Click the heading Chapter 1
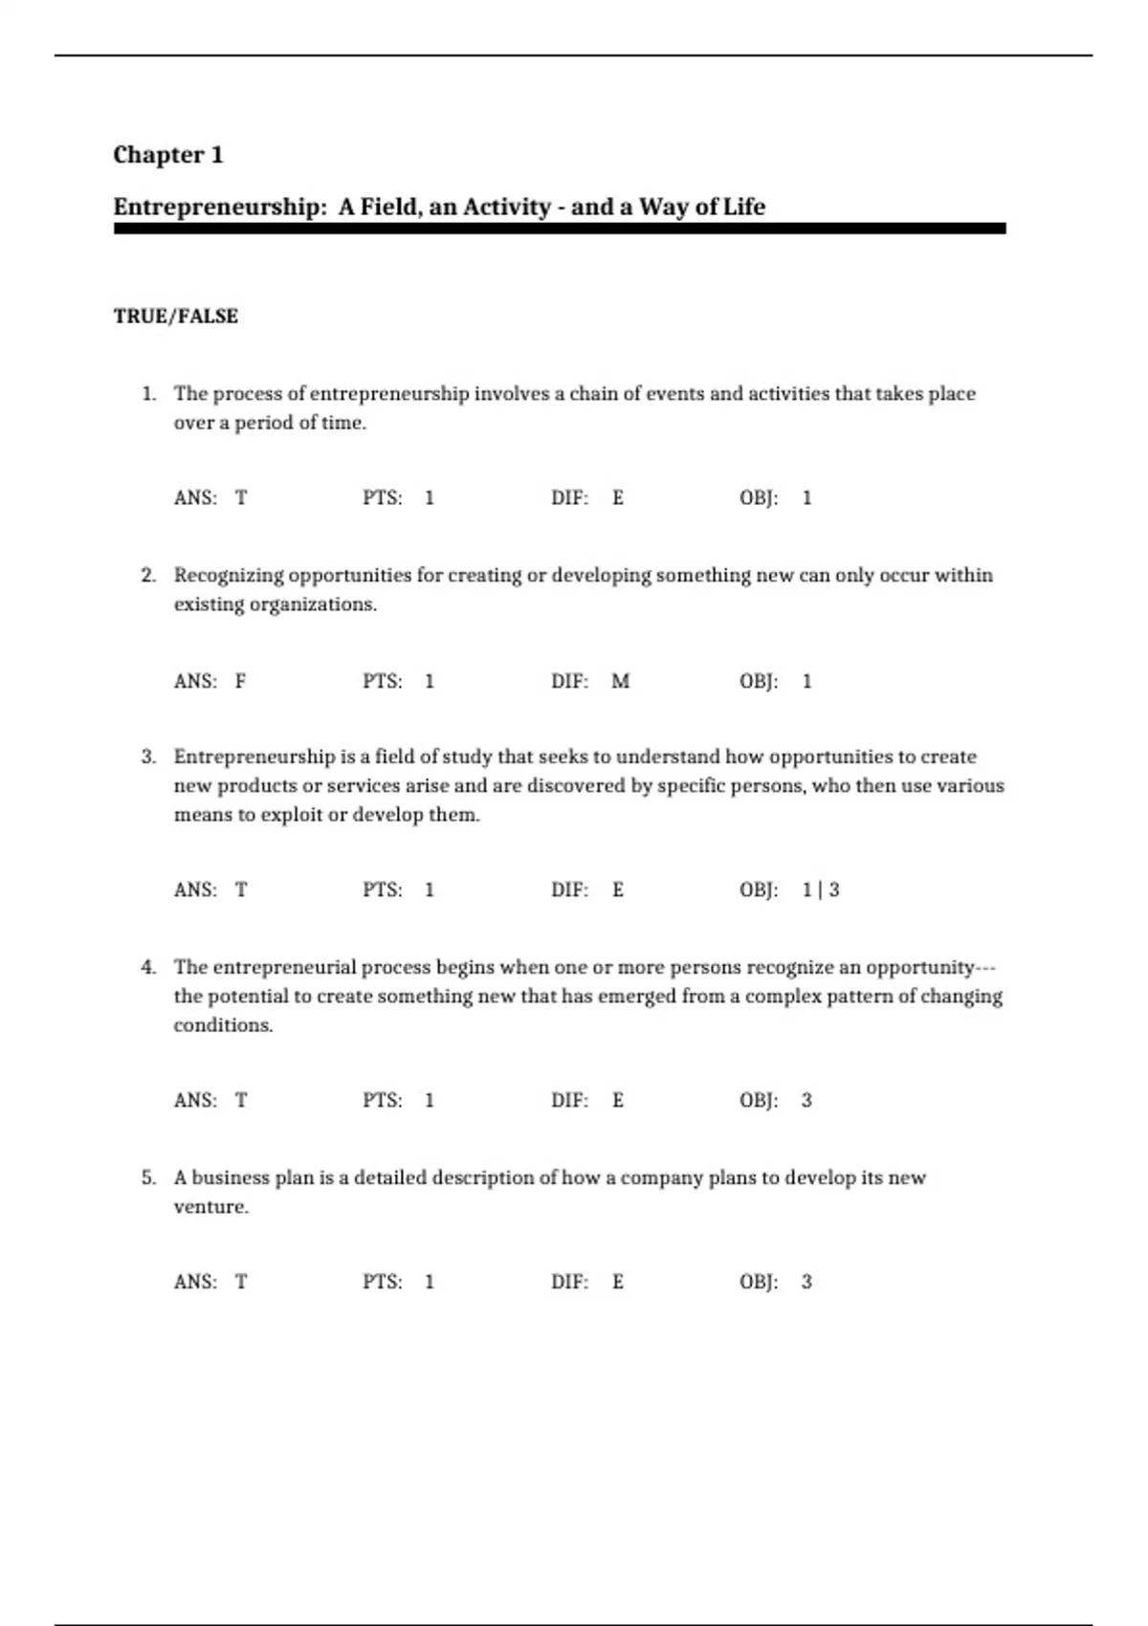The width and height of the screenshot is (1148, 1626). pyautogui.click(x=168, y=155)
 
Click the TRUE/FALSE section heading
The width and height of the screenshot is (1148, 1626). pyautogui.click(x=176, y=317)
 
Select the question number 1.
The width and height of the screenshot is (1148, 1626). pyautogui.click(x=148, y=393)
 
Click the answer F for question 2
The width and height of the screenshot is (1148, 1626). pyautogui.click(x=241, y=681)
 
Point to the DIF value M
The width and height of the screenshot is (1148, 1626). pyautogui.click(x=620, y=681)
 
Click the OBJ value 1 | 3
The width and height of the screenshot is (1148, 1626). pyautogui.click(x=821, y=890)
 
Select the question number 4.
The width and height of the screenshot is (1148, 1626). pyautogui.click(x=148, y=967)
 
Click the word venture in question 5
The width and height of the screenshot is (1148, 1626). pyautogui.click(x=210, y=1207)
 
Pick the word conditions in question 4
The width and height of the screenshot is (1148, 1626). pyautogui.click(x=223, y=1025)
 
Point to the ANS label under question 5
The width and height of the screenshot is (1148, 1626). pyautogui.click(x=195, y=1282)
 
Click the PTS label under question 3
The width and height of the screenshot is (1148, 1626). pyautogui.click(x=382, y=890)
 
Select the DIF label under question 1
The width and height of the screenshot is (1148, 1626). pyautogui.click(x=569, y=497)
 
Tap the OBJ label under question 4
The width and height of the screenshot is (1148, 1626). pyautogui.click(x=759, y=1100)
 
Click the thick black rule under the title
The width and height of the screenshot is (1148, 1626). pyautogui.click(x=560, y=229)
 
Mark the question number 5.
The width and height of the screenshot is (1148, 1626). pyautogui.click(x=148, y=1177)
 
